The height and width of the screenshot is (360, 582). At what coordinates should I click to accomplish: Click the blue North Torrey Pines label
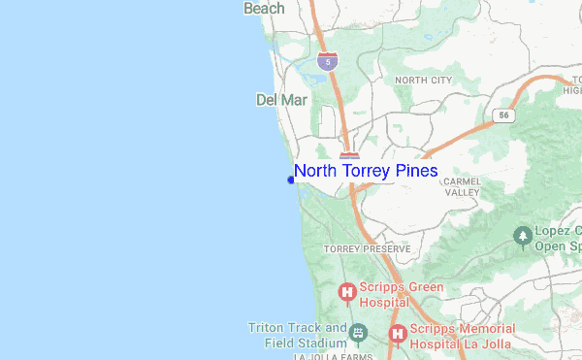click(366, 171)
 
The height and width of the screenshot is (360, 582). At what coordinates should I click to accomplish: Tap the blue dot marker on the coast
click(291, 179)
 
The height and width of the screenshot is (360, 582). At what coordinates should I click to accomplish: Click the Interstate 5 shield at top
click(330, 62)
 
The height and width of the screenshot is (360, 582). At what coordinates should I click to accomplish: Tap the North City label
click(423, 80)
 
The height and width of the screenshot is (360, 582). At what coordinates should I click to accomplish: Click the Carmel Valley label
click(462, 186)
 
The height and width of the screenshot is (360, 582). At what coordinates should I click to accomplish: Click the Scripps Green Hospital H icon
click(346, 292)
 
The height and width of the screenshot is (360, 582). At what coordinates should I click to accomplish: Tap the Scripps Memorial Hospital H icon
click(396, 335)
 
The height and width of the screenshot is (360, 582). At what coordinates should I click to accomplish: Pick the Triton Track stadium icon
click(359, 335)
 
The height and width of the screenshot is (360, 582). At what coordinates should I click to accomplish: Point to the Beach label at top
click(264, 9)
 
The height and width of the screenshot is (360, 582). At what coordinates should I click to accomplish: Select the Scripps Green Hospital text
click(402, 293)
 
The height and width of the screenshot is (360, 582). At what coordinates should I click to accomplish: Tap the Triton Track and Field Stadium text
click(298, 335)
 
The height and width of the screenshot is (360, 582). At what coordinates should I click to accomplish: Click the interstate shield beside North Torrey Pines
click(350, 156)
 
